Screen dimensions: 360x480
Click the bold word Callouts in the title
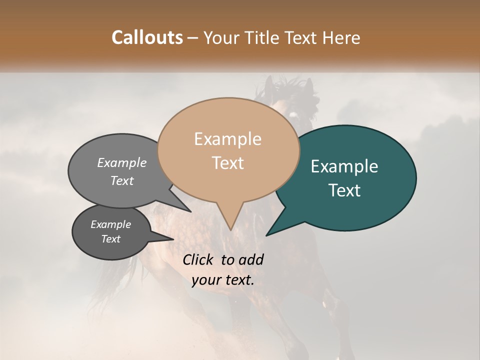[147, 37]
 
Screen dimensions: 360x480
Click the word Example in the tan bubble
[227, 139]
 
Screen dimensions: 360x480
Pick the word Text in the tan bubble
[227, 163]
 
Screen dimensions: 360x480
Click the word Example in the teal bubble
[344, 166]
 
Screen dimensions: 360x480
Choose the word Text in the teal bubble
[344, 190]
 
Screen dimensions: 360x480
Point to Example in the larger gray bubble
[122, 163]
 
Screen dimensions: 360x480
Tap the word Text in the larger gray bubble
[122, 181]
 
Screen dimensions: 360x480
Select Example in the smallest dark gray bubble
[110, 224]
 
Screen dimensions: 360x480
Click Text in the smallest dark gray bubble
[110, 239]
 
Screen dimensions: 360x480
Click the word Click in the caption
[199, 259]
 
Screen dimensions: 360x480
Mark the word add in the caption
[251, 259]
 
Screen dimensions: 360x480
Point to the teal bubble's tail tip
[266, 235]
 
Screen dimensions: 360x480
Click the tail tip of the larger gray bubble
[190, 211]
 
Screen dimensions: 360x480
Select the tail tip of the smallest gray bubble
[173, 239]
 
